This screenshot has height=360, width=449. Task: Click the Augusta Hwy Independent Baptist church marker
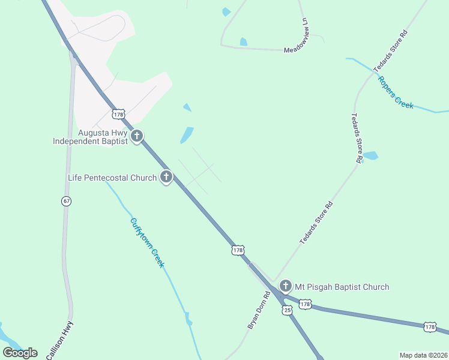coord(137,136)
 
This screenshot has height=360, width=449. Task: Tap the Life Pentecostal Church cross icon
coord(166,177)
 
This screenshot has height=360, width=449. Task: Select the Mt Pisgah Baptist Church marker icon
coord(286,286)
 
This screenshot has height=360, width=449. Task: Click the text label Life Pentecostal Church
coord(112,178)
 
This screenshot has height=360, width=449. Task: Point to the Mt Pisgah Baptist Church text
coord(342,287)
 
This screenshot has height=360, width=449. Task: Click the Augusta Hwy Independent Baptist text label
coord(90,137)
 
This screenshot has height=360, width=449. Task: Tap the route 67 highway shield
coord(66,201)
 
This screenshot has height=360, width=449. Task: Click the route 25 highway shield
coord(288,310)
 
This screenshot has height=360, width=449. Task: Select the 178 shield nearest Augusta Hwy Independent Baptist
coord(118,113)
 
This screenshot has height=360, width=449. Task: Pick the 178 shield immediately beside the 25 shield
coord(305,304)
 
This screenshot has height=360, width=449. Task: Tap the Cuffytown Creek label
coord(147,242)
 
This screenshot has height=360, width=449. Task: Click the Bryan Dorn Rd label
coord(259,310)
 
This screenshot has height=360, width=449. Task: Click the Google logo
coord(20,352)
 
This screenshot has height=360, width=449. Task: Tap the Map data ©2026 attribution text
coord(423,355)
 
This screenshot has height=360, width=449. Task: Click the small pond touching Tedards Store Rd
coord(370,155)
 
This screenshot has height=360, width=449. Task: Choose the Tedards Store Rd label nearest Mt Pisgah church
coord(316,223)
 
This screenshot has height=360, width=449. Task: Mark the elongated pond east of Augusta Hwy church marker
coord(187,134)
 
